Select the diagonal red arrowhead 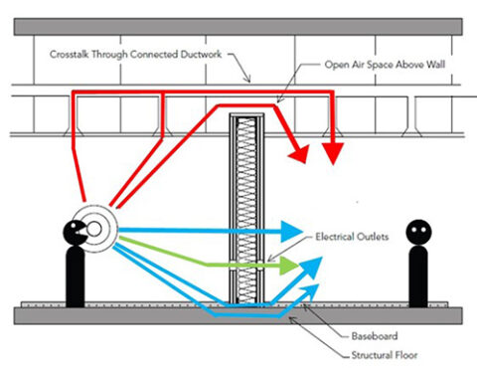point(295,151)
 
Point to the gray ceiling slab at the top point(238,26)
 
